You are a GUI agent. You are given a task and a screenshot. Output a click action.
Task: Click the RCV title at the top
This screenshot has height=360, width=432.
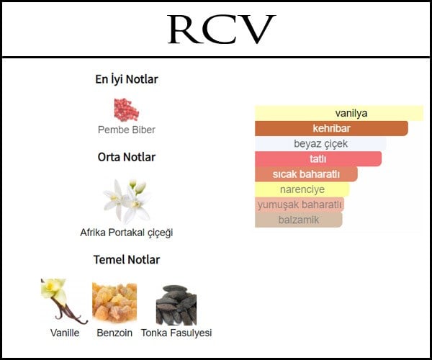coord(222,30)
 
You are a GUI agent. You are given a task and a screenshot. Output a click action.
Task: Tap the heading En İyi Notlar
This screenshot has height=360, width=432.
coord(127,79)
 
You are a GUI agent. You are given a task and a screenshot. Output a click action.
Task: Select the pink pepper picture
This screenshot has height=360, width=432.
coord(127,109)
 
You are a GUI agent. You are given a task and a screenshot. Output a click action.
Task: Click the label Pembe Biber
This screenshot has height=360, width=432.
coord(127,130)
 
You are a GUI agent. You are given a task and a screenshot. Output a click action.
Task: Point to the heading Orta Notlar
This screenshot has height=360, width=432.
coord(127,157)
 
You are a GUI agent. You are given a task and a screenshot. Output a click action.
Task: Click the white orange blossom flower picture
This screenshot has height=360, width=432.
coord(127,201)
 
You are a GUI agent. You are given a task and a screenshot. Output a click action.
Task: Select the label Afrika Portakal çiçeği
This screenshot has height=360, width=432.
coord(127,233)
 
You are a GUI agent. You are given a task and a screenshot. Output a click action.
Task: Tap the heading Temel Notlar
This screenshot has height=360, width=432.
coord(127,260)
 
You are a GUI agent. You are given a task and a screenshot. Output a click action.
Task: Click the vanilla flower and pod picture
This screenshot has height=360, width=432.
coord(64,302)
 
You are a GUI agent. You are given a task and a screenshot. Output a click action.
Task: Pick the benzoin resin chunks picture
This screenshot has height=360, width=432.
coord(114,302)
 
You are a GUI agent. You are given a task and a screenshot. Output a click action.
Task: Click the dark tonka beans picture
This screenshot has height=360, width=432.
coord(176,305)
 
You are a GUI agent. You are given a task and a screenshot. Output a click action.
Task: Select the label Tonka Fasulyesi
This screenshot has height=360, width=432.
coord(176,333)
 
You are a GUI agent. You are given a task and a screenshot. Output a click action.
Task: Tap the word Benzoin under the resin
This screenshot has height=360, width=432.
coord(114,333)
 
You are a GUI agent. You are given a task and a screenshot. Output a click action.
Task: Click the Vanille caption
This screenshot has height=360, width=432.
coord(65,333)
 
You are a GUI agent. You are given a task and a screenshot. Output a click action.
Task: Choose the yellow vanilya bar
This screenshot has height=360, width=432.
coord(339,113)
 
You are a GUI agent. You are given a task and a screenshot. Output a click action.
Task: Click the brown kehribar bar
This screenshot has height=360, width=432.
coord(331,128)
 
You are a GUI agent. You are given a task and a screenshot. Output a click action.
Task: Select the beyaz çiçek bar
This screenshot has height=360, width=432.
coord(320,143)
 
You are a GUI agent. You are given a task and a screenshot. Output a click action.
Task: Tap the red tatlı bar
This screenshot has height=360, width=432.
coord(318,159)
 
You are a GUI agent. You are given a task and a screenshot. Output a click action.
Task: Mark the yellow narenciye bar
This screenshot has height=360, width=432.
coord(302,189)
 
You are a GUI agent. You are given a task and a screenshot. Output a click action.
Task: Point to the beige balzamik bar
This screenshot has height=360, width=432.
coord(299,220)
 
